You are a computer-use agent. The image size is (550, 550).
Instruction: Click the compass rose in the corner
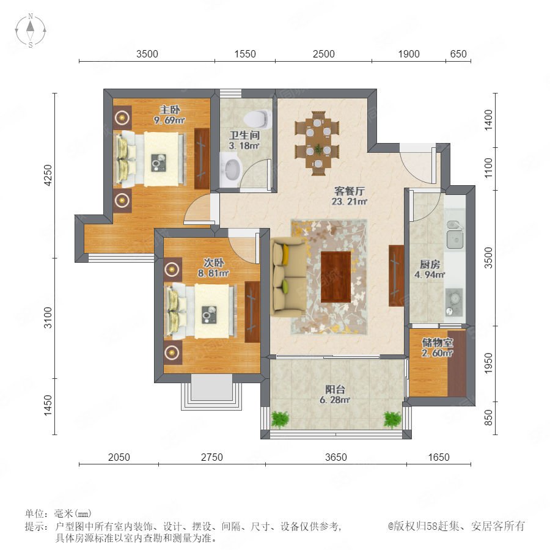tap(31, 30)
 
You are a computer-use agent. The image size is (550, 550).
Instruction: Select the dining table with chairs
tap(317, 144)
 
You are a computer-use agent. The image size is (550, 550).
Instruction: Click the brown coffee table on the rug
tap(335, 276)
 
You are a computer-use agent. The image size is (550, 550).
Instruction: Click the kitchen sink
tap(455, 233)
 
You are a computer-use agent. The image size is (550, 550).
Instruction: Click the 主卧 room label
tap(170, 110)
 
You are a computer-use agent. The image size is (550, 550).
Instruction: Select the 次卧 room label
tap(214, 262)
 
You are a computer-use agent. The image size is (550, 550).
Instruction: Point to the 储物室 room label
tap(437, 342)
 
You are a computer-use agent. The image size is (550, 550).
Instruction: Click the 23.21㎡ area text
tap(349, 201)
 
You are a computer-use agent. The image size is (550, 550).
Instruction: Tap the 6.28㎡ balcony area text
tap(335, 400)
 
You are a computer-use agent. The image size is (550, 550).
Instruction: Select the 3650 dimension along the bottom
tap(335, 457)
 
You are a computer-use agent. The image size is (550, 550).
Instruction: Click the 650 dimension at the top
tap(458, 54)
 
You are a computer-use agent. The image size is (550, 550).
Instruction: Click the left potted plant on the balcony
tap(280, 419)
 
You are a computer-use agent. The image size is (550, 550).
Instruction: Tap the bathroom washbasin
tap(231, 170)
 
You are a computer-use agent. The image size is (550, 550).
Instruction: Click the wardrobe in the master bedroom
tap(202, 158)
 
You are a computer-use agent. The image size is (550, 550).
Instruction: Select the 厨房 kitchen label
tap(430, 264)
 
